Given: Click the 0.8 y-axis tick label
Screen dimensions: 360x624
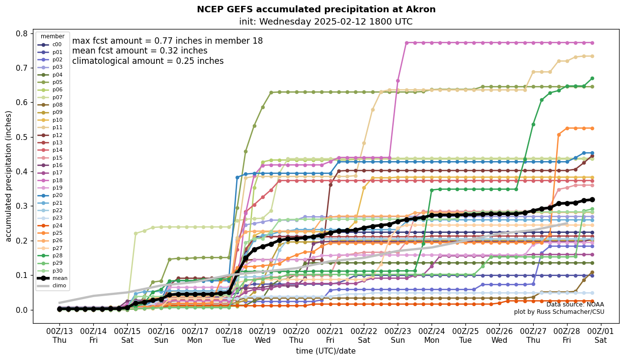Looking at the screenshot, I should click(21, 33).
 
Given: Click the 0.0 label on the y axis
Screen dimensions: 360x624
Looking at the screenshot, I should click(21, 310).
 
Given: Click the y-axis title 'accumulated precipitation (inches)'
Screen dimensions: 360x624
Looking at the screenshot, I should click(8, 176).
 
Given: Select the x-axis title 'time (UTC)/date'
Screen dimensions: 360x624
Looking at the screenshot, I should click(326, 351).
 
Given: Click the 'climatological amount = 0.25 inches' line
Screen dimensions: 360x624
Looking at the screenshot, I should click(148, 61).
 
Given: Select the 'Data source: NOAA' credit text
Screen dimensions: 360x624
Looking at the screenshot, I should click(575, 305).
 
